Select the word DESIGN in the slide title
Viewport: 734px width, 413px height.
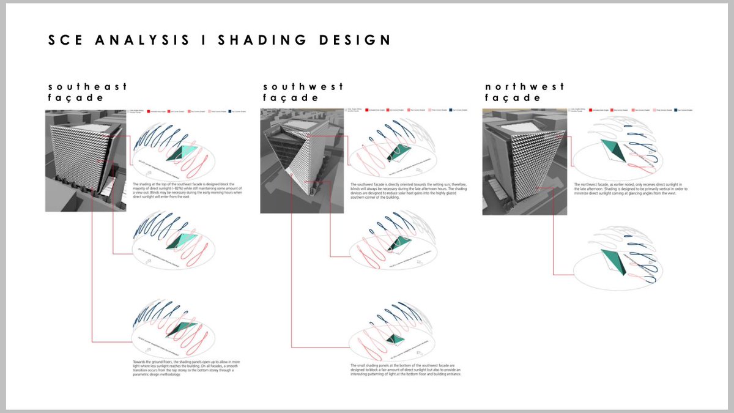[358, 40]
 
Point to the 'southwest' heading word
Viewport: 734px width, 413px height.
[303, 87]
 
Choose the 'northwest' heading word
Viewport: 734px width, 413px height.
[525, 87]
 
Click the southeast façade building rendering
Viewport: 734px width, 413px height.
[85, 161]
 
